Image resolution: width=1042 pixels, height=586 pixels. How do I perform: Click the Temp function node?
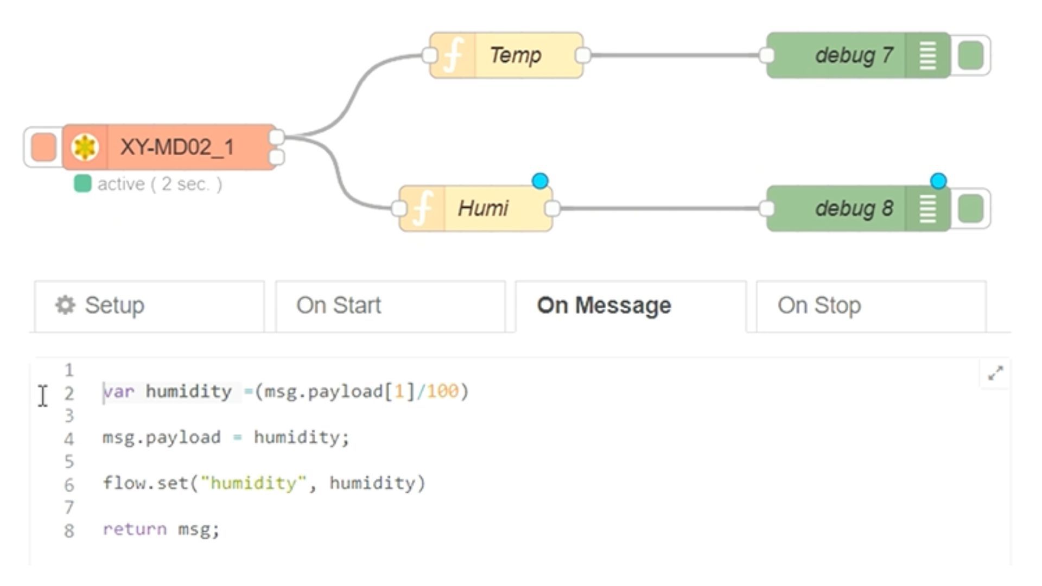(514, 55)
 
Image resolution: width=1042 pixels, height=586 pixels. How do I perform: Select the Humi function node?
(482, 208)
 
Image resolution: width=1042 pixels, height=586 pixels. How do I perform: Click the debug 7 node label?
(854, 55)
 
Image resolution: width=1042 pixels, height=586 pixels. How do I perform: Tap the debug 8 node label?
(854, 208)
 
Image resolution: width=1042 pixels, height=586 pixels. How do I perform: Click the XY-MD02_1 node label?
(177, 147)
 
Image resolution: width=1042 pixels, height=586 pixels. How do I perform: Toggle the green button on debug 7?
(970, 55)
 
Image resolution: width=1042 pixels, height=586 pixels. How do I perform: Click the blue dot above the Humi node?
(540, 181)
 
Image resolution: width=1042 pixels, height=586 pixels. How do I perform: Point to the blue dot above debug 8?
(938, 181)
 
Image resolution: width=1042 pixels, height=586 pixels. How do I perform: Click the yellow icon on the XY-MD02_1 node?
(85, 147)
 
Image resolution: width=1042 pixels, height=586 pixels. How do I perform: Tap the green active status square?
(82, 184)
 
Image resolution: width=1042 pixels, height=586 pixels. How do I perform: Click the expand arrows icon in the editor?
(995, 373)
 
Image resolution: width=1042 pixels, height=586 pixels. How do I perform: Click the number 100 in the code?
(442, 391)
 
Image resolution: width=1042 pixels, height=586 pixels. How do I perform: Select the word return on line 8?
(135, 529)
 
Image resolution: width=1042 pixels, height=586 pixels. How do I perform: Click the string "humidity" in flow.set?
(253, 483)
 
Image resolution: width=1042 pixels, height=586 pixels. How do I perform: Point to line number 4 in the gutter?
(69, 438)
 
